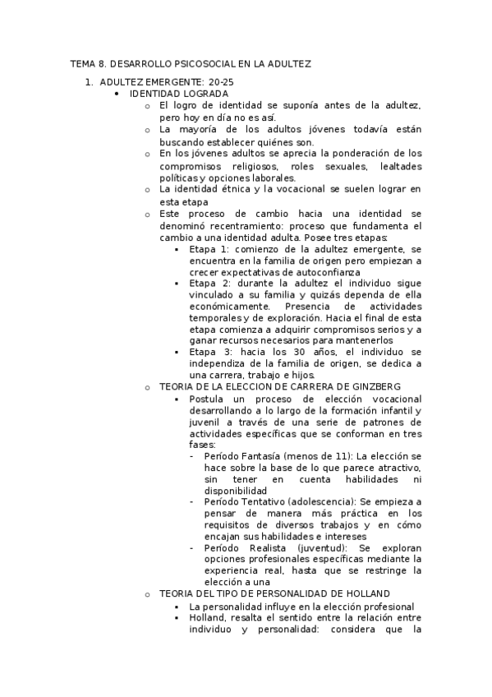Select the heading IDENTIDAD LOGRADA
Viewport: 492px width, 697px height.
[173, 94]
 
